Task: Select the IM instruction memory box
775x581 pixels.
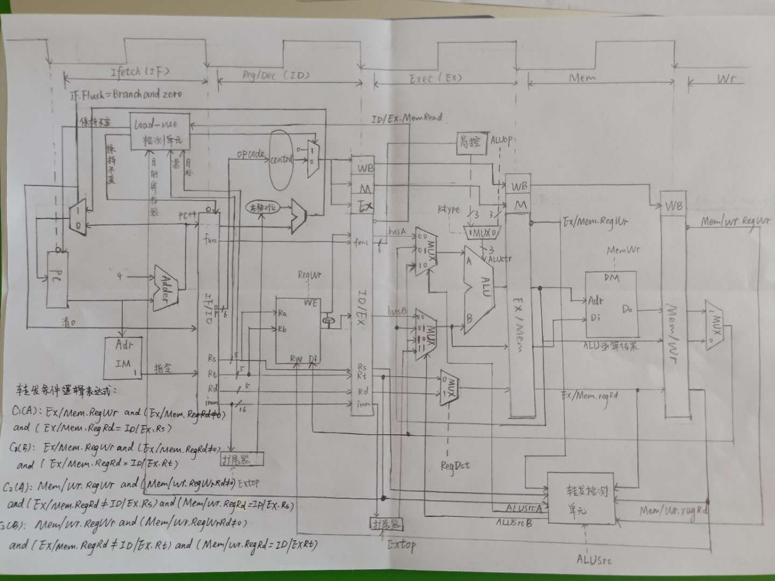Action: click(123, 357)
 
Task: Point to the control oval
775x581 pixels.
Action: click(282, 160)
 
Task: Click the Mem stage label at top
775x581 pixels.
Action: click(582, 79)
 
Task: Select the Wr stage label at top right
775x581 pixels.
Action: click(727, 80)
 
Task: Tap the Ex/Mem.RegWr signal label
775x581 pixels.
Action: click(595, 221)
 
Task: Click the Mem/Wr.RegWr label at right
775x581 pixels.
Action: click(736, 221)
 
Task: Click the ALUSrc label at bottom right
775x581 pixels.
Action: click(594, 560)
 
